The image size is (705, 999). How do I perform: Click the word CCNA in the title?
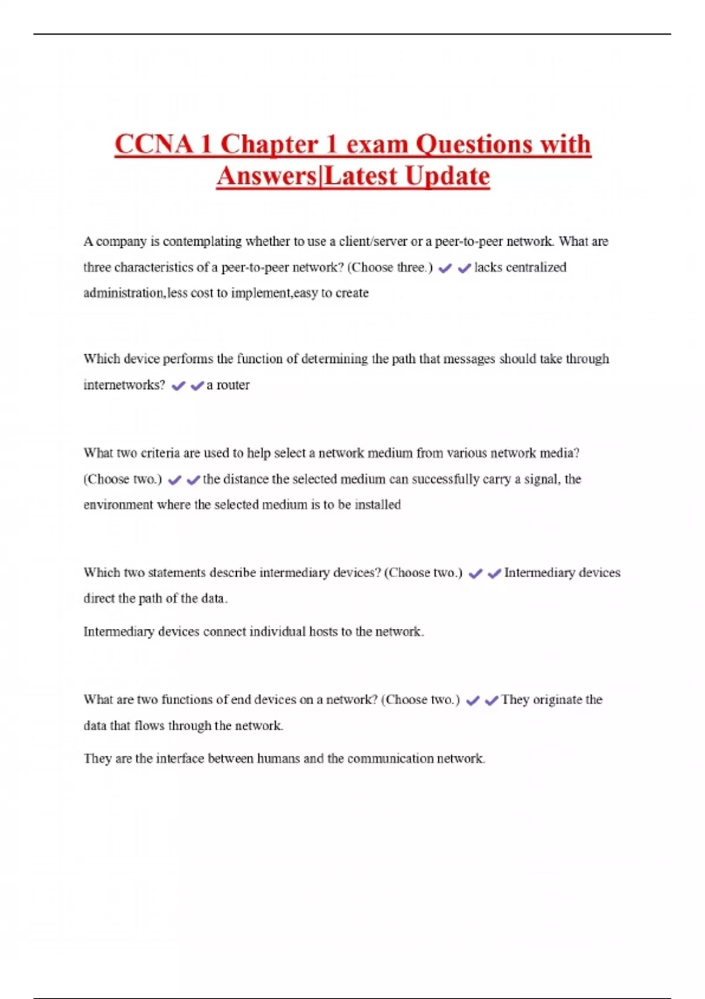point(153,145)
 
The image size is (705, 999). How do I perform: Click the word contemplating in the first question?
point(202,242)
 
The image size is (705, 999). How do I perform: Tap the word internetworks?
point(124,385)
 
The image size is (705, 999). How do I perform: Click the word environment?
point(118,505)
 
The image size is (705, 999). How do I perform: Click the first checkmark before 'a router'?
point(179,385)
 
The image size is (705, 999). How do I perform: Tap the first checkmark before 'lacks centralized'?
point(445,268)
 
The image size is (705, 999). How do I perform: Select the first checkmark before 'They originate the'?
point(473,700)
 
